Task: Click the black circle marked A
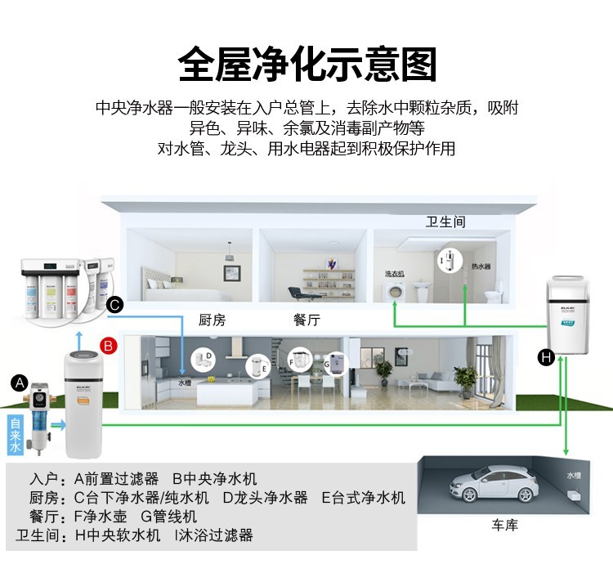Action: (x=20, y=382)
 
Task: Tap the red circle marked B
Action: (x=107, y=345)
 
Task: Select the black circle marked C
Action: (x=114, y=305)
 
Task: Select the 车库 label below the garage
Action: (x=504, y=525)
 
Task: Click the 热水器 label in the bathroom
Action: (x=481, y=266)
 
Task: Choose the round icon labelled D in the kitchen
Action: (x=204, y=358)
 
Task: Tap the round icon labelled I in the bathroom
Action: (x=447, y=260)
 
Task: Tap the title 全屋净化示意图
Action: (x=306, y=63)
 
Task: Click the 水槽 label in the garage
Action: (x=575, y=475)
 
